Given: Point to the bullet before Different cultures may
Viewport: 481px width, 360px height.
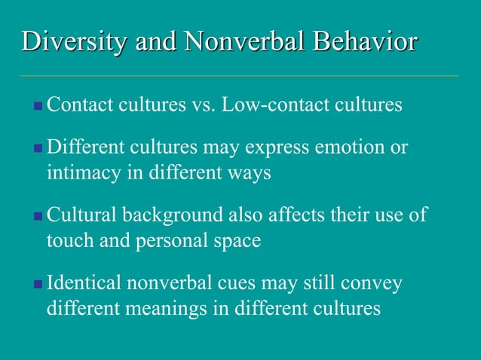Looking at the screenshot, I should pos(38,148).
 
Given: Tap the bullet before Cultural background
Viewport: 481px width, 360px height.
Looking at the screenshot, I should pos(38,216).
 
